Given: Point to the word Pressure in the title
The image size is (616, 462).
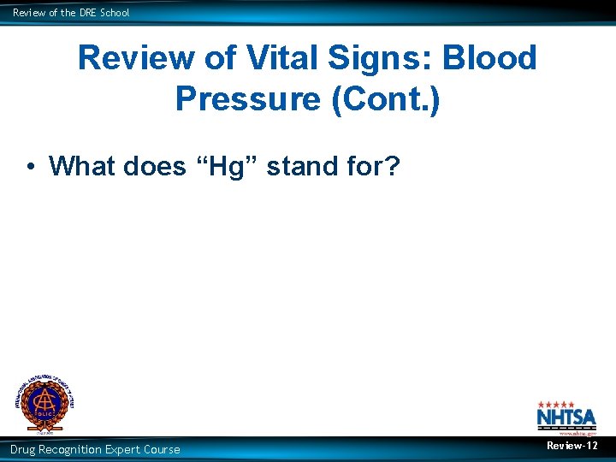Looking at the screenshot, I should click(x=246, y=98).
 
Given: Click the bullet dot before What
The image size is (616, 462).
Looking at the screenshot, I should click(x=31, y=166).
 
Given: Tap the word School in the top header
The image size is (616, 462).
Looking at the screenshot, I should click(x=115, y=13).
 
